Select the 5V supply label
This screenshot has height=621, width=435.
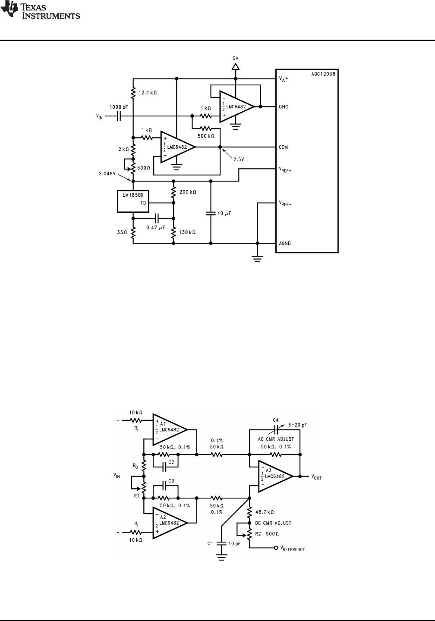click(235, 58)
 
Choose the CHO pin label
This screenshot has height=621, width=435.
click(284, 107)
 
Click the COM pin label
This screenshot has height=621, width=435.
click(284, 147)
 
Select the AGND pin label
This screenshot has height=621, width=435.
click(285, 243)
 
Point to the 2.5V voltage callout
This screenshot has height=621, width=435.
click(239, 160)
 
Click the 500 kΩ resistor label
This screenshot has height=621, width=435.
click(206, 136)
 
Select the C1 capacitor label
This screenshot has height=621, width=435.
click(211, 544)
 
